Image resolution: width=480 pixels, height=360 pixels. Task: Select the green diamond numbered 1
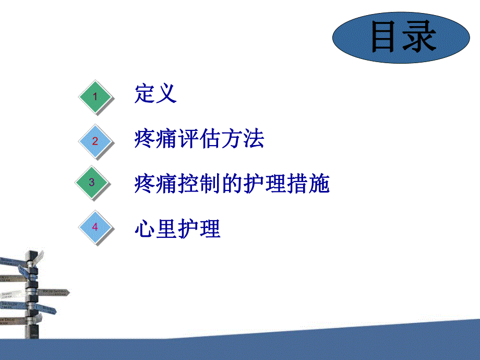(x=95, y=97)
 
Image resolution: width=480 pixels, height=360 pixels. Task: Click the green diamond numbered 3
(x=92, y=182)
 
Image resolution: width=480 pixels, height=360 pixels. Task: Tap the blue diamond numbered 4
(x=95, y=227)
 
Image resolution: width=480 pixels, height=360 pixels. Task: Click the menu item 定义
(x=156, y=94)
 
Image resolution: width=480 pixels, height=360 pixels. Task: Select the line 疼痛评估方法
(x=199, y=139)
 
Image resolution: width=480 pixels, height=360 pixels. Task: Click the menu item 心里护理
(x=177, y=229)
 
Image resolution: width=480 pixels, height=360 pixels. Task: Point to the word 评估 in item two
(x=199, y=139)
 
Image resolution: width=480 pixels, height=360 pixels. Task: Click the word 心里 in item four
(x=155, y=229)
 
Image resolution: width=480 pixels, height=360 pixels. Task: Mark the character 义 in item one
(x=167, y=94)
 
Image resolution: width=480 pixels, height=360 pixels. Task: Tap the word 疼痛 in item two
(x=155, y=139)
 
